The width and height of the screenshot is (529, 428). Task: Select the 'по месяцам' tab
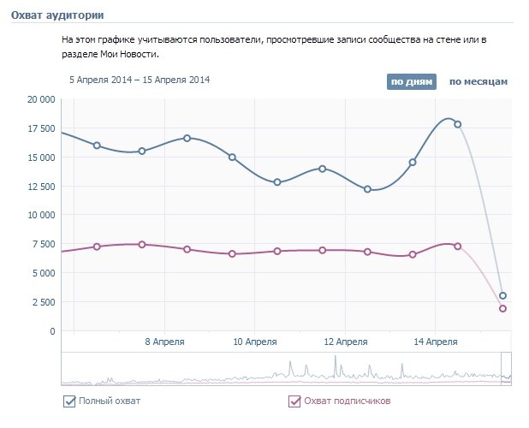click(x=478, y=82)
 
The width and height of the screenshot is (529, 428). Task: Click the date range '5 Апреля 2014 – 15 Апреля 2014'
click(x=140, y=80)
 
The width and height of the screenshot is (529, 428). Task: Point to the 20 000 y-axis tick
click(x=40, y=99)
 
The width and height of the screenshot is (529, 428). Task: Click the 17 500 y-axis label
click(x=40, y=128)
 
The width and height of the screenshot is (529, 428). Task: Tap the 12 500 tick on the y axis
click(x=40, y=187)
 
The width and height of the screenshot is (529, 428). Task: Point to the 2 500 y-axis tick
click(x=43, y=302)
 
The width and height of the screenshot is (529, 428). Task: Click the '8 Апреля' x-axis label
click(x=163, y=341)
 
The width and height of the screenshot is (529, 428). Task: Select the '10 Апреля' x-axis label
click(x=254, y=341)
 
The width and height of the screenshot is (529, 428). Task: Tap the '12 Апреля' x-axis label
click(x=345, y=341)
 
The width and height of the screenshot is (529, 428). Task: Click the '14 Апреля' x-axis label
click(x=435, y=341)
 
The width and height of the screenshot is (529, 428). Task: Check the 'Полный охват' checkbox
click(x=69, y=401)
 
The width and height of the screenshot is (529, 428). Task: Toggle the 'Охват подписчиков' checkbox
click(x=294, y=401)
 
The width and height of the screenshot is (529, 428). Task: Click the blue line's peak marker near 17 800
click(x=458, y=124)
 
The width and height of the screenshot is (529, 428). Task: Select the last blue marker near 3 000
click(x=503, y=296)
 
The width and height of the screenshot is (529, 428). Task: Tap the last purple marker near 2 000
click(x=503, y=308)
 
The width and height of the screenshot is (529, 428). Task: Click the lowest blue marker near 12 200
click(x=367, y=189)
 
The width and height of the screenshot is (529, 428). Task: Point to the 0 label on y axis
click(x=52, y=331)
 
